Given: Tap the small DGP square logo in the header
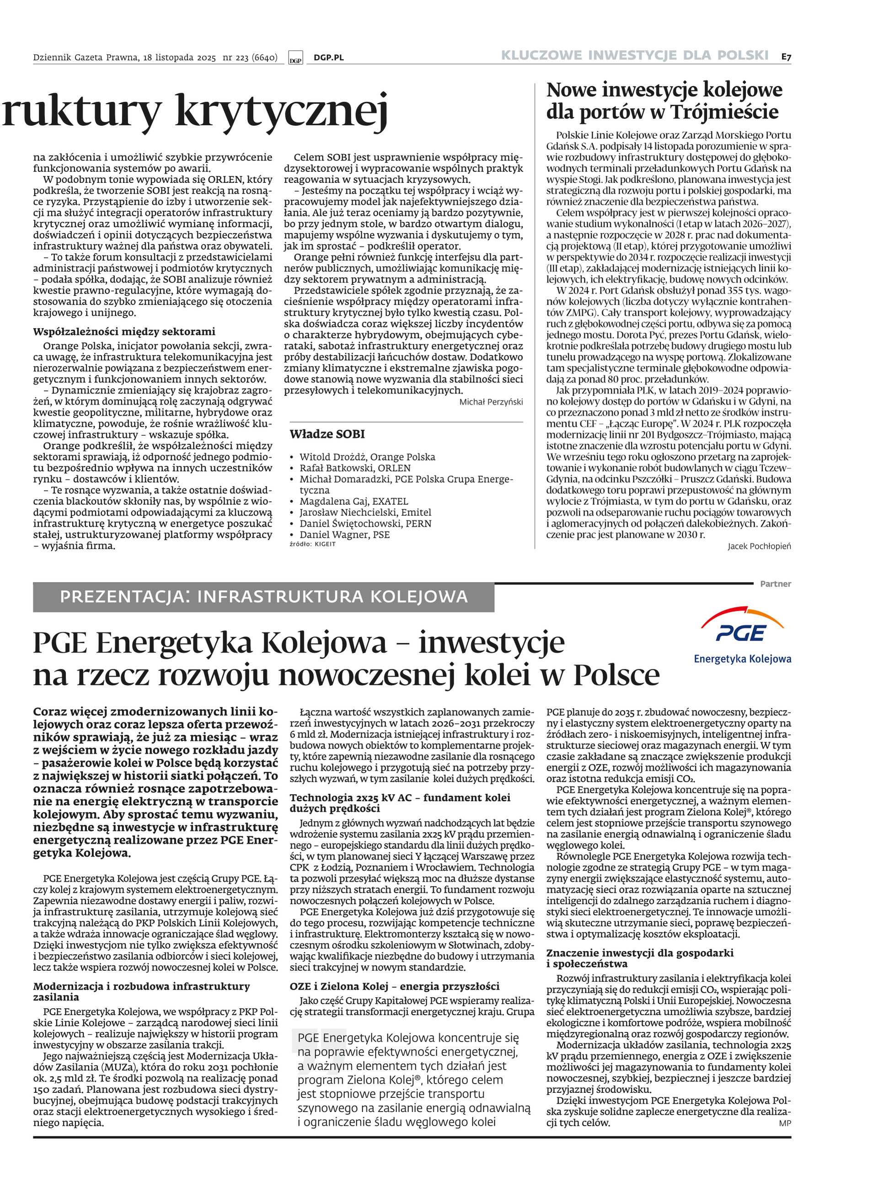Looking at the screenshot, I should coord(295,59).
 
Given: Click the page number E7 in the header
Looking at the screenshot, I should coord(786,56).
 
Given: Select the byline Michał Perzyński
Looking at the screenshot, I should coord(491,402).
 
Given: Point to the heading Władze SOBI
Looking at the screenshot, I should coord(327,434).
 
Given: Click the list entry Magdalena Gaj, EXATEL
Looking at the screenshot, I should coord(353,501).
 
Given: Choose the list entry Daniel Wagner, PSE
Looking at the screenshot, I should coord(344,535).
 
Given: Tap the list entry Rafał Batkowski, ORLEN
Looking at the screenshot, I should coord(354,468).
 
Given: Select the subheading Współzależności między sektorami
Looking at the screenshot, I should coord(124,331).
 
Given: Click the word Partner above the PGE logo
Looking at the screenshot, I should coord(775,583).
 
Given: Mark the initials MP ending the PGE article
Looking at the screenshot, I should coord(784,1123).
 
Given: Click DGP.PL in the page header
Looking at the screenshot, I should coord(328,58).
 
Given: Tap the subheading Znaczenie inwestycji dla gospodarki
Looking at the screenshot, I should coord(640,953).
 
